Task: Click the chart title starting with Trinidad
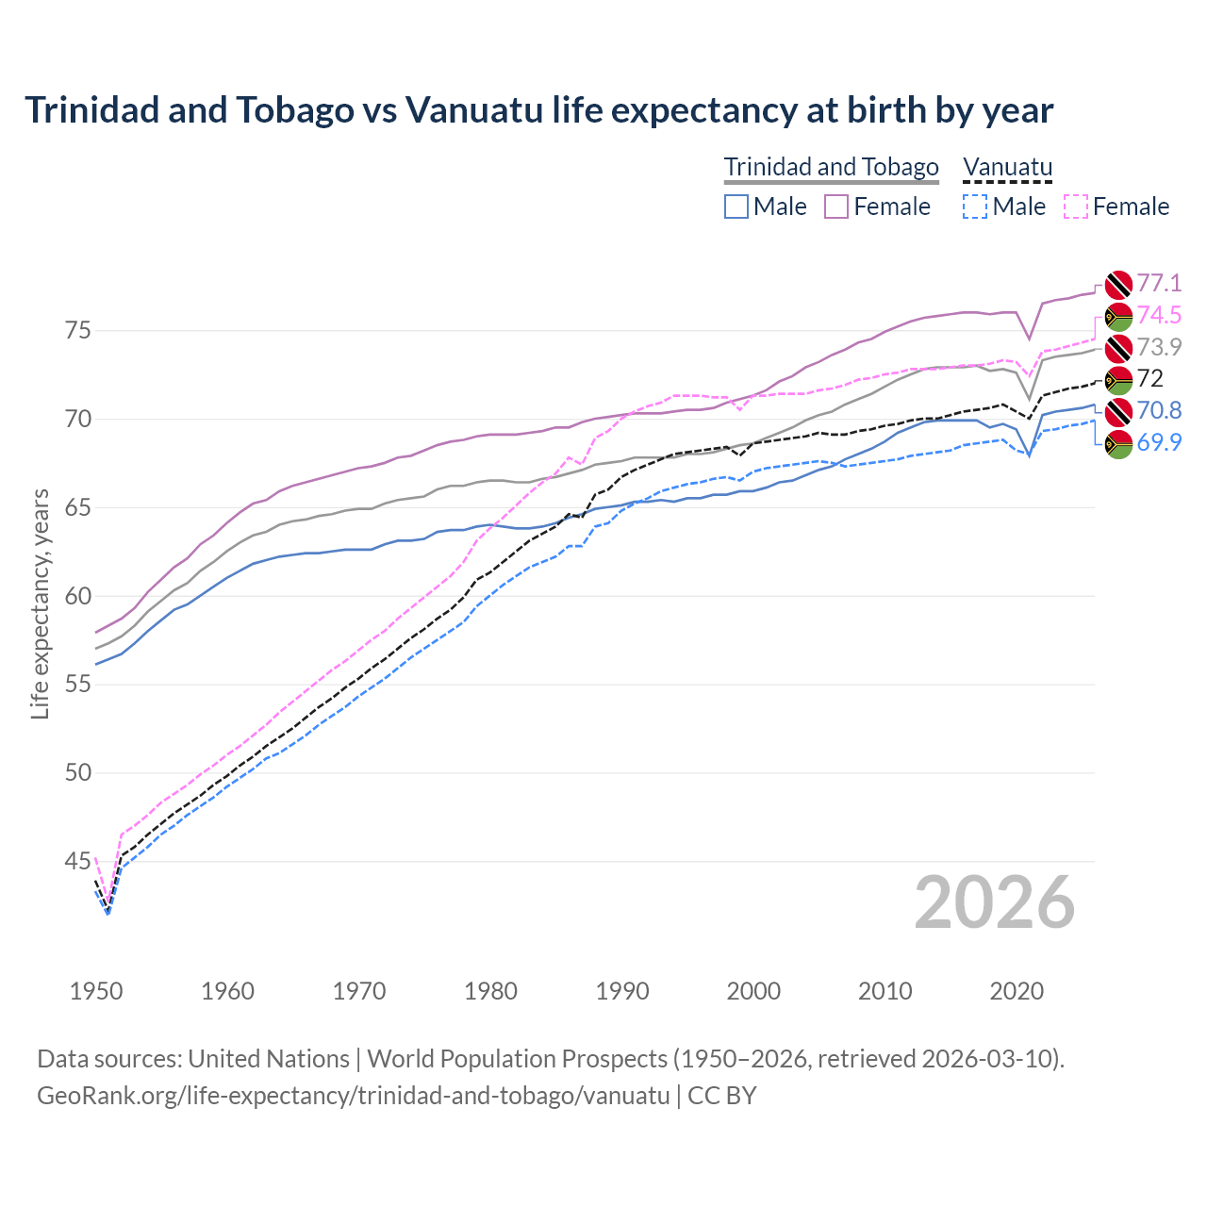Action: pos(538,110)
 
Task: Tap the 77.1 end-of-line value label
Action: pos(1159,284)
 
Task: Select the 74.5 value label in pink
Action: pos(1159,315)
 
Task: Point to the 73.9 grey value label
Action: pos(1159,347)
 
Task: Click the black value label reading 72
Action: pos(1149,379)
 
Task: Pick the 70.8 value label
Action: pos(1159,411)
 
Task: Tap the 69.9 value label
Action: pos(1159,442)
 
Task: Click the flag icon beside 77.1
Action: pos(1118,284)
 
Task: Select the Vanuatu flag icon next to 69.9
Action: pos(1118,444)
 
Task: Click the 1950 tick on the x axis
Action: pos(96,991)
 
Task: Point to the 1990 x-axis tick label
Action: pos(622,991)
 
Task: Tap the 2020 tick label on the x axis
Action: pos(1017,991)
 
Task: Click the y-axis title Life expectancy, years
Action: pos(41,603)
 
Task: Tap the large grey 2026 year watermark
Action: pos(995,902)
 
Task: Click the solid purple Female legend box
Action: pos(836,207)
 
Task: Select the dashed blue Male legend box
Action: pos(975,207)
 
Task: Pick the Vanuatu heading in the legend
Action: pos(1007,167)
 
